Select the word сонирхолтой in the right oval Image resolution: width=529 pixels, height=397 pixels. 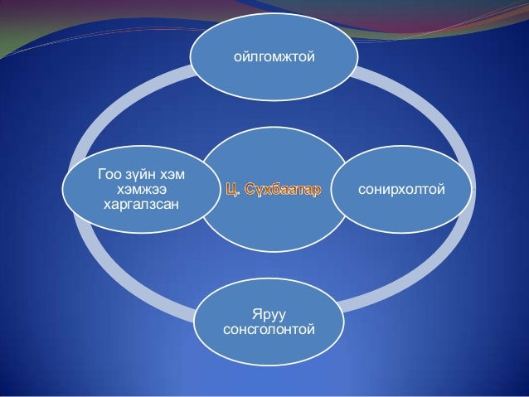(x=401, y=191)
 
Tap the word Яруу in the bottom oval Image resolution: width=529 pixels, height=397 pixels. (x=269, y=315)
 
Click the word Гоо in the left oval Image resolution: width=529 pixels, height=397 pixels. (x=109, y=176)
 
